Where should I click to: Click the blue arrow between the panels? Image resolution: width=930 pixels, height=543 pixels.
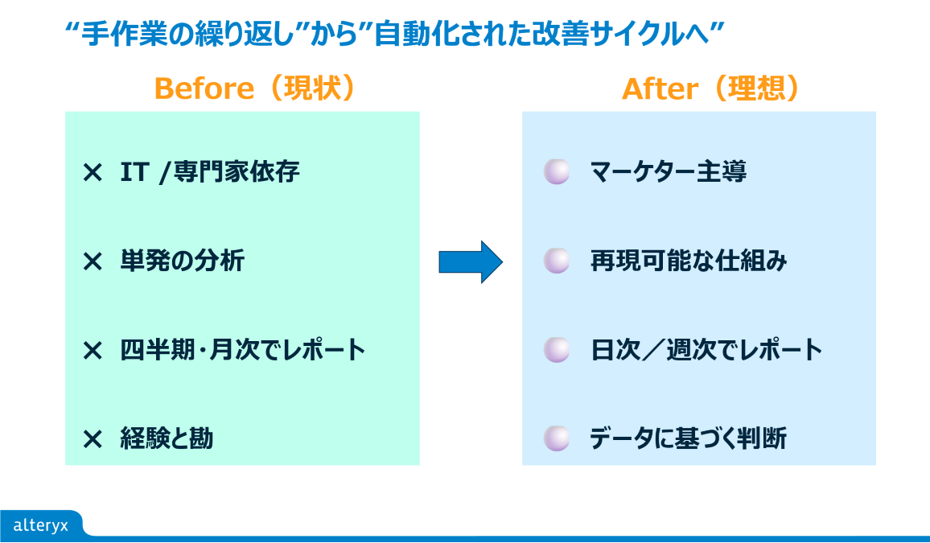[x=471, y=261]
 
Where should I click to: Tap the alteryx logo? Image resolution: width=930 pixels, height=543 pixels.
[x=41, y=525]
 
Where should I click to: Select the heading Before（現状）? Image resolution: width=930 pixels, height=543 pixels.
[x=255, y=88]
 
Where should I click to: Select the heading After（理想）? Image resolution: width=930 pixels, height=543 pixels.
[x=711, y=88]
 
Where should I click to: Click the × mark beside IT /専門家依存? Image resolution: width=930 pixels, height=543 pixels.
[x=93, y=172]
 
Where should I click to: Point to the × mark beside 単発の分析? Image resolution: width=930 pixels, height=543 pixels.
[x=93, y=261]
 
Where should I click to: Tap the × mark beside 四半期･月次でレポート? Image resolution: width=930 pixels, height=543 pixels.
[x=93, y=351]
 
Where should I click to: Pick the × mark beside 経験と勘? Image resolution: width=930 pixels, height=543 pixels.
[x=93, y=439]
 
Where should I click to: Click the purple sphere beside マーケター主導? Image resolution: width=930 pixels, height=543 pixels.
[x=556, y=171]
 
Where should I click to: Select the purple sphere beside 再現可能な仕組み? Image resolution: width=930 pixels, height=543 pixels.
[x=556, y=261]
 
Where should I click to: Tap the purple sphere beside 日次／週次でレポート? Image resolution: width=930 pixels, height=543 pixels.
[x=556, y=350]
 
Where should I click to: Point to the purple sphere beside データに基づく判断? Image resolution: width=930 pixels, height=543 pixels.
[x=556, y=438]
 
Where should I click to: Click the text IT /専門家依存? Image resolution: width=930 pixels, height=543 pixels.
[x=210, y=172]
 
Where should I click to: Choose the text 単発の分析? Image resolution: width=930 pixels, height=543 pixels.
[x=182, y=261]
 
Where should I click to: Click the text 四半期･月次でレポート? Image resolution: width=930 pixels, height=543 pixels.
[x=243, y=351]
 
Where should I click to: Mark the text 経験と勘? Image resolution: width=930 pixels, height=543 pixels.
[x=167, y=439]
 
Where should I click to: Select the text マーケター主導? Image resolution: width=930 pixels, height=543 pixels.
[x=668, y=172]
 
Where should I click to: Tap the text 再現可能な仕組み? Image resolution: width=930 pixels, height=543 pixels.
[x=689, y=261]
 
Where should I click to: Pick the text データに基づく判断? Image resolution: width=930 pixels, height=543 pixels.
[x=688, y=439]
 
